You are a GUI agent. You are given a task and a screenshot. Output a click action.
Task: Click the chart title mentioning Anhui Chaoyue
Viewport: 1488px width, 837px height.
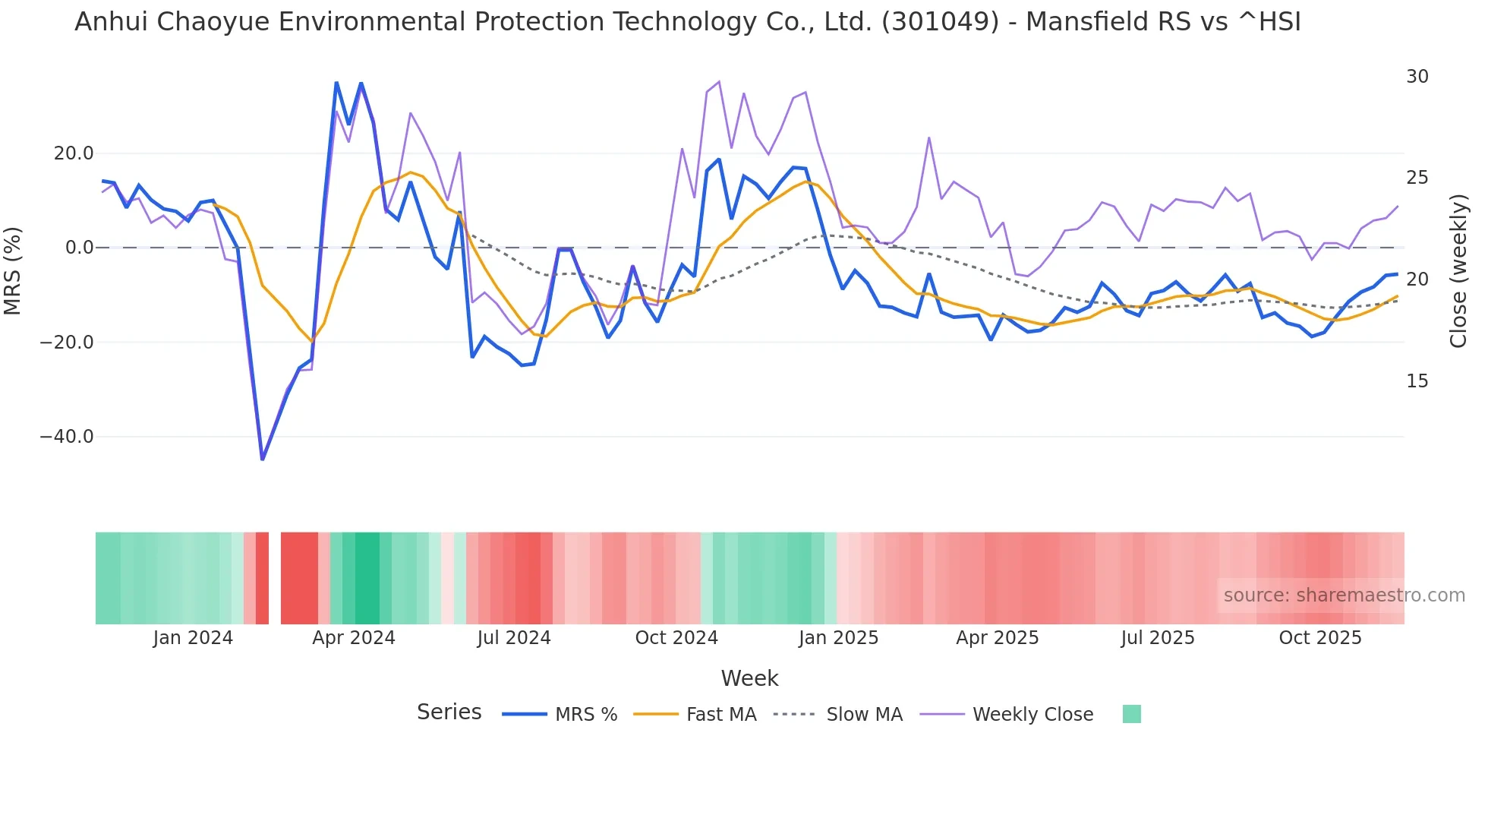[x=687, y=22]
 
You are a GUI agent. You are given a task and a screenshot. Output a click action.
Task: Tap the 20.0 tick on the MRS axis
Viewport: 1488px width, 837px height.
[x=74, y=153]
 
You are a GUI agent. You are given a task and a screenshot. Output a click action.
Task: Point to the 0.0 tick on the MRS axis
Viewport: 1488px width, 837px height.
[x=79, y=248]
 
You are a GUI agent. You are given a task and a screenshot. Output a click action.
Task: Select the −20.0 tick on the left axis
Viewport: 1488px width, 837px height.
[x=67, y=343]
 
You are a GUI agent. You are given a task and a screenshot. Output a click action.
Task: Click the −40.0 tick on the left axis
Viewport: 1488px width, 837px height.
[x=67, y=437]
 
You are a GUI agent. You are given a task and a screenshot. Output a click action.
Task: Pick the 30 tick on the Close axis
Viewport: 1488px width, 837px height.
[x=1417, y=77]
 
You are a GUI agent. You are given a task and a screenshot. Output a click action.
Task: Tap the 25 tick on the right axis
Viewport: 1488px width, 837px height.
[x=1417, y=178]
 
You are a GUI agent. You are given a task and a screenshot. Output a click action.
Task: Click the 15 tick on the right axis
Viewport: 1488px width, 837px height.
[x=1417, y=381]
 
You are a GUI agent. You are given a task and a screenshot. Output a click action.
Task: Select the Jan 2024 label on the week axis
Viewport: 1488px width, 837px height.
[x=193, y=638]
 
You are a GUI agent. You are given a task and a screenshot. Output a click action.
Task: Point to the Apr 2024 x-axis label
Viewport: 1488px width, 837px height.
[x=354, y=638]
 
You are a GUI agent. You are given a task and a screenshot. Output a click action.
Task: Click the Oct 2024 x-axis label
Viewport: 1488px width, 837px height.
[x=676, y=638]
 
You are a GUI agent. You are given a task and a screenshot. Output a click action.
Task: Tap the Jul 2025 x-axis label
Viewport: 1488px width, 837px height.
[x=1158, y=638]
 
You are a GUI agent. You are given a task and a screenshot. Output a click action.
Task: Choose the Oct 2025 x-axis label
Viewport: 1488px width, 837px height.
[x=1320, y=638]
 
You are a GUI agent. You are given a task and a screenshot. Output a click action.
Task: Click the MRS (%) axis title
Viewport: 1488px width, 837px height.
[x=13, y=270]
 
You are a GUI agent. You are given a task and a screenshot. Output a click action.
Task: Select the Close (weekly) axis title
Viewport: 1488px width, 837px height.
[x=1458, y=271]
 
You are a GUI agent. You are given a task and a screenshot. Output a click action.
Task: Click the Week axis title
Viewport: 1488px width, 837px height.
[x=749, y=678]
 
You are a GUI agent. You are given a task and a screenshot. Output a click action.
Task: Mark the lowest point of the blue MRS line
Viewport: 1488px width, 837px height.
[x=263, y=460]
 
